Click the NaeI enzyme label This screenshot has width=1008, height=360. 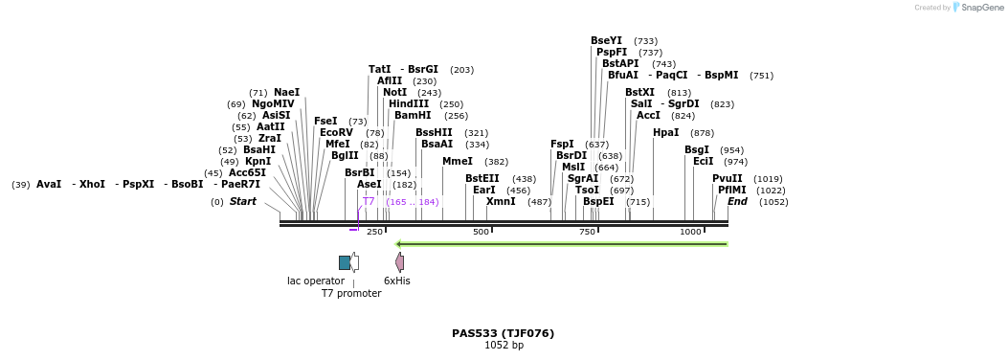(x=286, y=93)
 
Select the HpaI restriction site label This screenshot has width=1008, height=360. (x=665, y=133)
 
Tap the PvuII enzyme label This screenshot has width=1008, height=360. (x=727, y=179)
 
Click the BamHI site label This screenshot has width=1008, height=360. (x=413, y=116)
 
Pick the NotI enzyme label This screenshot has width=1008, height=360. (x=394, y=93)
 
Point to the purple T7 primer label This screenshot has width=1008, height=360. (x=369, y=202)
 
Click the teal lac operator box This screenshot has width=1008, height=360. (x=345, y=262)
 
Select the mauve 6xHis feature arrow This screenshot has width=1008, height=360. (x=399, y=262)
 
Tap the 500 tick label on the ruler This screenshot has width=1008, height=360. (x=481, y=233)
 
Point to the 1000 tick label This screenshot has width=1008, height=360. (x=690, y=233)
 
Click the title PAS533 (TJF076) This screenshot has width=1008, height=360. (x=503, y=333)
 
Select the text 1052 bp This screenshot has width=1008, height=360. (x=504, y=346)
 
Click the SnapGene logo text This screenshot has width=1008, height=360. (x=983, y=8)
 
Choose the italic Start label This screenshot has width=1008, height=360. (x=242, y=202)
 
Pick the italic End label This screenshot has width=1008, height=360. (x=737, y=202)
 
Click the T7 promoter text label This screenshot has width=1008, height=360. (x=351, y=294)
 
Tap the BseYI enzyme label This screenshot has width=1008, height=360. (x=606, y=41)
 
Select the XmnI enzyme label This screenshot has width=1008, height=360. (x=501, y=202)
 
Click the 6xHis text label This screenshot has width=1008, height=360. (x=397, y=281)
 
